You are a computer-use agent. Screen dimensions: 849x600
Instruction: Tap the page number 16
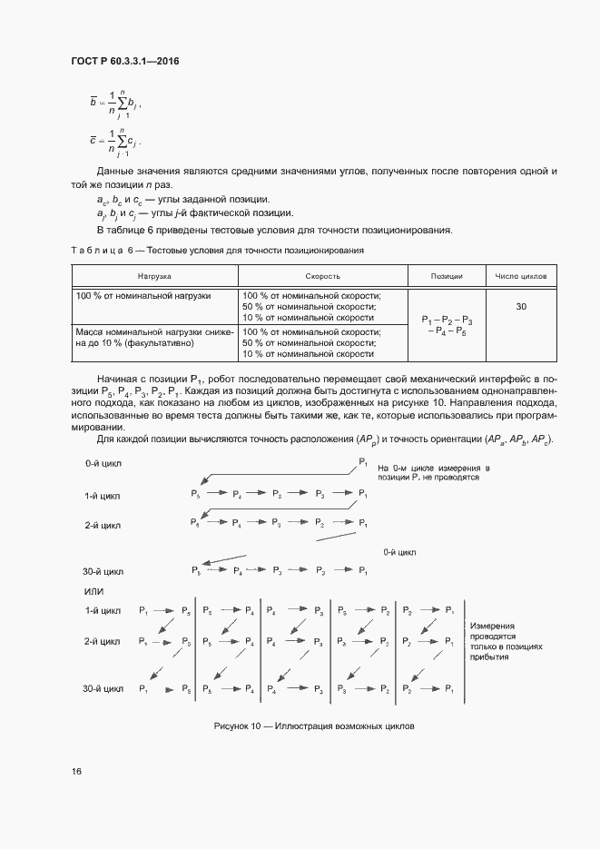(76, 771)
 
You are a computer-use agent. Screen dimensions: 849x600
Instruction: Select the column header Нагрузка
(154, 275)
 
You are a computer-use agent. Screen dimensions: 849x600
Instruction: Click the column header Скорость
(322, 275)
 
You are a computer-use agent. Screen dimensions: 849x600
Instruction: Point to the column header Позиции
(447, 275)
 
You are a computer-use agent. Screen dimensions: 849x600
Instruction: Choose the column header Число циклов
(521, 275)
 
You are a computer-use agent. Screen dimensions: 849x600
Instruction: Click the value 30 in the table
(521, 307)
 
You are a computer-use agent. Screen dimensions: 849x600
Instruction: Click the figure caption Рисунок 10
(313, 726)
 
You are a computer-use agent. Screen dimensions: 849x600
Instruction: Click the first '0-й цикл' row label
(103, 463)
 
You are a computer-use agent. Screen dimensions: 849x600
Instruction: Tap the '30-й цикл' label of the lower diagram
(102, 690)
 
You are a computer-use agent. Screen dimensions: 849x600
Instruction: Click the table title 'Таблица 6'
(217, 250)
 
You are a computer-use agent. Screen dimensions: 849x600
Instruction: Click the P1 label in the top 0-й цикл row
(363, 462)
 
